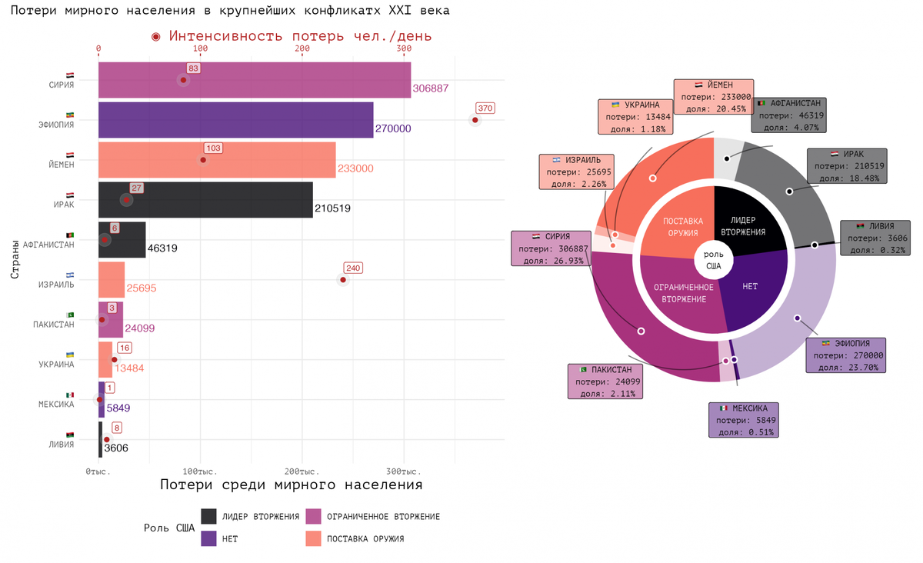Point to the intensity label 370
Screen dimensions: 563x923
pos(485,108)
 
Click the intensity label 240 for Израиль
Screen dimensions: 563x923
pos(353,268)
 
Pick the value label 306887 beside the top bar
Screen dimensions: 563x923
pos(431,88)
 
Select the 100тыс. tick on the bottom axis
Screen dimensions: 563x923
pos(200,471)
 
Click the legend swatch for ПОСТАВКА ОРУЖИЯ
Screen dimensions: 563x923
pos(313,538)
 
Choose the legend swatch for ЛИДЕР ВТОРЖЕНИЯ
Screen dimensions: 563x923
pos(208,516)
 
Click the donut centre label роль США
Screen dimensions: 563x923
pos(714,260)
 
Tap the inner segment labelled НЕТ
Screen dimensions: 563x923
pos(751,286)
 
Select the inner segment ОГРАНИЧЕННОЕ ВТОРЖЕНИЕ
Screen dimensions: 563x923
pos(683,293)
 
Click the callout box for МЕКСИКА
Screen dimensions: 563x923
pos(744,420)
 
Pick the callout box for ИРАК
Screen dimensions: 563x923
pos(847,166)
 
